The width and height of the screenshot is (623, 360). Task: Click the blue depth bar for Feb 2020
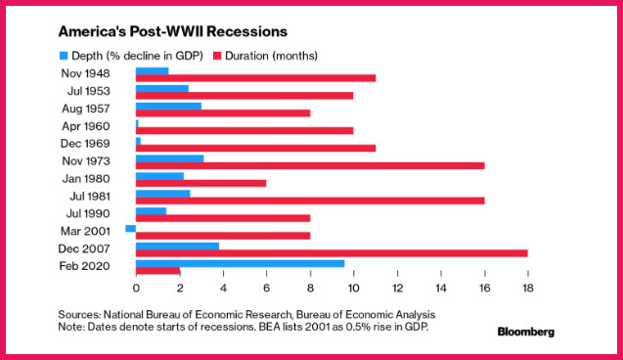click(240, 263)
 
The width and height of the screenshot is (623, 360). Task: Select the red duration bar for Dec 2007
click(332, 253)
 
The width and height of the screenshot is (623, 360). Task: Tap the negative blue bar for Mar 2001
click(131, 229)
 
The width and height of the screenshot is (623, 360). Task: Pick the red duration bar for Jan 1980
click(201, 183)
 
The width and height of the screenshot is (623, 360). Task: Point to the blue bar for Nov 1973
click(169, 158)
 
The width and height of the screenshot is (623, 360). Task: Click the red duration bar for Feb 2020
click(158, 271)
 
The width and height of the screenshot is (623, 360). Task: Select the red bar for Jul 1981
click(310, 201)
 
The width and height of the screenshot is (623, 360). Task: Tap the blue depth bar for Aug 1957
click(168, 106)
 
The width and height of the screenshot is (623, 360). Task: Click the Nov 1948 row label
click(85, 73)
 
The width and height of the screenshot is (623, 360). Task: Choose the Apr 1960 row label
click(86, 126)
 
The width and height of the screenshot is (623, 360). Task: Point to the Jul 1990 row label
click(88, 214)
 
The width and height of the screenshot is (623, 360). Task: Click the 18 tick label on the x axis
click(528, 288)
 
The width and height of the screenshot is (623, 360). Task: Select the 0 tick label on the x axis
click(136, 288)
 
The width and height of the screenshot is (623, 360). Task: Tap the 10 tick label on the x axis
click(353, 288)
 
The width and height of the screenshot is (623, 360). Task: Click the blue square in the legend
click(64, 56)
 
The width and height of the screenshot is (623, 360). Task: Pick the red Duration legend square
click(217, 56)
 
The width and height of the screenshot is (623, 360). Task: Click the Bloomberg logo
click(525, 332)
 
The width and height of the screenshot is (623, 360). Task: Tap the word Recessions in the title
click(246, 31)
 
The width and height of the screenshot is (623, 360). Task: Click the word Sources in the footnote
click(79, 315)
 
